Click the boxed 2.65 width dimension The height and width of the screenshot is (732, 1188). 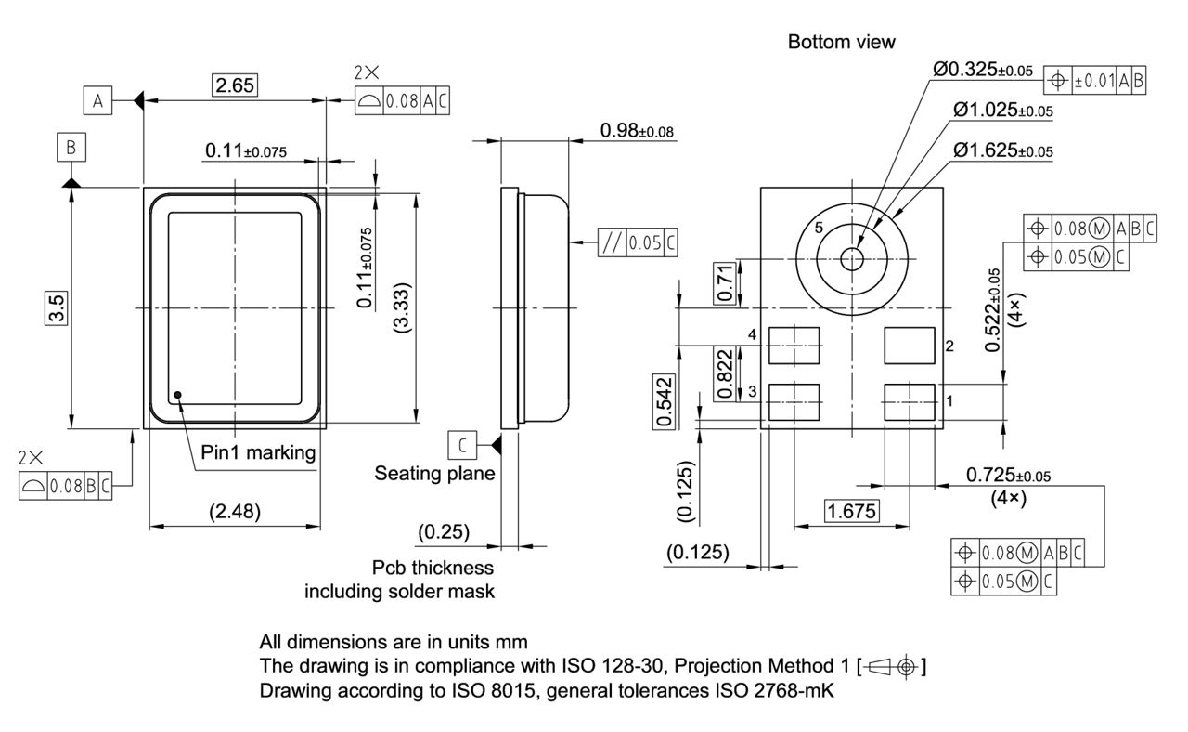click(x=234, y=86)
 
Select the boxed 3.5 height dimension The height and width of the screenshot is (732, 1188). click(x=57, y=307)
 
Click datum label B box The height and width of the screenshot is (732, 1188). click(x=71, y=147)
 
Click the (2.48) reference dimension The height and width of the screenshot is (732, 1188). click(x=234, y=510)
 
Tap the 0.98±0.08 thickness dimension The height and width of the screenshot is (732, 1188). click(x=637, y=131)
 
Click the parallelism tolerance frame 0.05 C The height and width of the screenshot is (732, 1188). click(x=638, y=242)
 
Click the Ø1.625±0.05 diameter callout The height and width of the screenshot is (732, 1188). click(x=1002, y=150)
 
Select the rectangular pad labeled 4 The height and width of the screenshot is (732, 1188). click(x=794, y=345)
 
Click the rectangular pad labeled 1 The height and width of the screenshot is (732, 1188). click(x=910, y=400)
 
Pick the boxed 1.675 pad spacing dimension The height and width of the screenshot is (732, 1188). click(x=851, y=510)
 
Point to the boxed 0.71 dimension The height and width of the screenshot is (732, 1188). click(x=725, y=282)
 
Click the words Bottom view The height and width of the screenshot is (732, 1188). click(x=841, y=42)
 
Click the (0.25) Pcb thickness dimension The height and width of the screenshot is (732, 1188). click(x=444, y=532)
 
